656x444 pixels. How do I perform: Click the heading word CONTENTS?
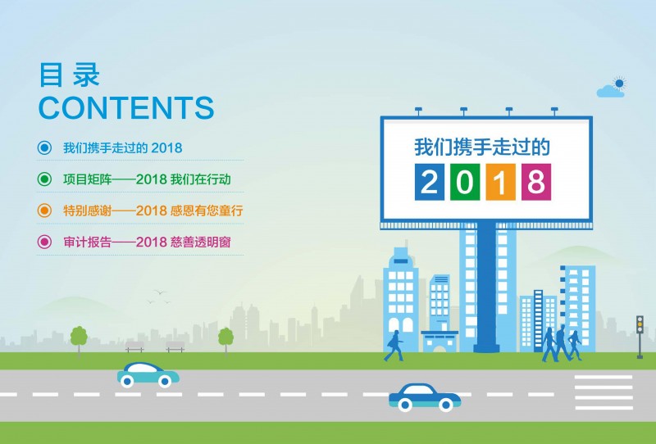click(x=126, y=108)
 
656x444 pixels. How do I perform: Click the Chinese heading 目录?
click(x=70, y=75)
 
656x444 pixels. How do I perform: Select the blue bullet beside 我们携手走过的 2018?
click(x=44, y=147)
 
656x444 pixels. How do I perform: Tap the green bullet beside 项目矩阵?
click(x=44, y=179)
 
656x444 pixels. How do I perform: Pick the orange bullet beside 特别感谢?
click(x=44, y=211)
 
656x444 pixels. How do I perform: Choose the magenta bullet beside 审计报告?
click(x=44, y=242)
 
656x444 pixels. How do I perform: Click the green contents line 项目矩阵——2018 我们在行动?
click(x=147, y=179)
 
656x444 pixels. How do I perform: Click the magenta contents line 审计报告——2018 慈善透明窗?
click(x=147, y=242)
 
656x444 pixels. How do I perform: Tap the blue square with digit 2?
click(x=430, y=182)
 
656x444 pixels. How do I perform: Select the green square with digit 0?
click(x=465, y=182)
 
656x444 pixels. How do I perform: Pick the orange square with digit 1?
click(x=500, y=182)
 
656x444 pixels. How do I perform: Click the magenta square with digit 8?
click(x=536, y=182)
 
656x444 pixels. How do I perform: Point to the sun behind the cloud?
click(x=619, y=84)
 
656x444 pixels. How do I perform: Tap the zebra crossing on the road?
click(x=604, y=392)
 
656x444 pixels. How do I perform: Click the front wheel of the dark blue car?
click(x=445, y=405)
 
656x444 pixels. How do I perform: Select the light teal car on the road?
click(x=148, y=374)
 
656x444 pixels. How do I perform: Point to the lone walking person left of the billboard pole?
click(x=394, y=346)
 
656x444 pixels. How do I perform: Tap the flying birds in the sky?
click(x=159, y=297)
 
